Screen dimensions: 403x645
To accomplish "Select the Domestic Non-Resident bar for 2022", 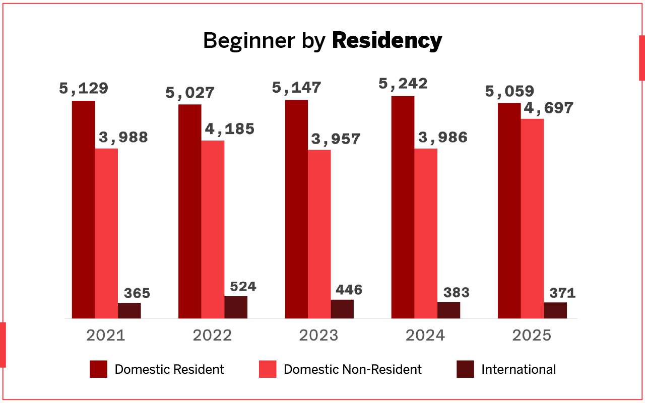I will (x=213, y=229).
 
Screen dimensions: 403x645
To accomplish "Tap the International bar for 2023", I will (x=342, y=309).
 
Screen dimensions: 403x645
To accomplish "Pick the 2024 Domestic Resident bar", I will (x=403, y=207).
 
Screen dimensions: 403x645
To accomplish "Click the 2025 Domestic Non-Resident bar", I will (x=532, y=219).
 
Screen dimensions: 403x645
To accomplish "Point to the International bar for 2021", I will (x=130, y=310).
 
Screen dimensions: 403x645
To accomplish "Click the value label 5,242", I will (x=403, y=84).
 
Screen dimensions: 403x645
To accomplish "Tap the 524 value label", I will (x=243, y=287).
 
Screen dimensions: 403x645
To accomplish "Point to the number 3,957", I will (x=336, y=139).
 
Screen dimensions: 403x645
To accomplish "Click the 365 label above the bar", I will (x=137, y=293).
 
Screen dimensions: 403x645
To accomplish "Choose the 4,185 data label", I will (x=229, y=129).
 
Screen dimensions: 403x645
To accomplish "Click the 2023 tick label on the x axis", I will (x=319, y=335).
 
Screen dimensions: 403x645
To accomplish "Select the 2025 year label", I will (x=532, y=335).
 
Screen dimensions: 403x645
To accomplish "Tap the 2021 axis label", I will (x=106, y=335).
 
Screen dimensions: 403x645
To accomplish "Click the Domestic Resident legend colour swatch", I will (x=99, y=369).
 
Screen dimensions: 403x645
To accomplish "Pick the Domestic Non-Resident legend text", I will (x=353, y=369).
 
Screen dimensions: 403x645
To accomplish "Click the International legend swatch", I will (x=466, y=369).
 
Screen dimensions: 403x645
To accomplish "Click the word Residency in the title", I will (x=387, y=41).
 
